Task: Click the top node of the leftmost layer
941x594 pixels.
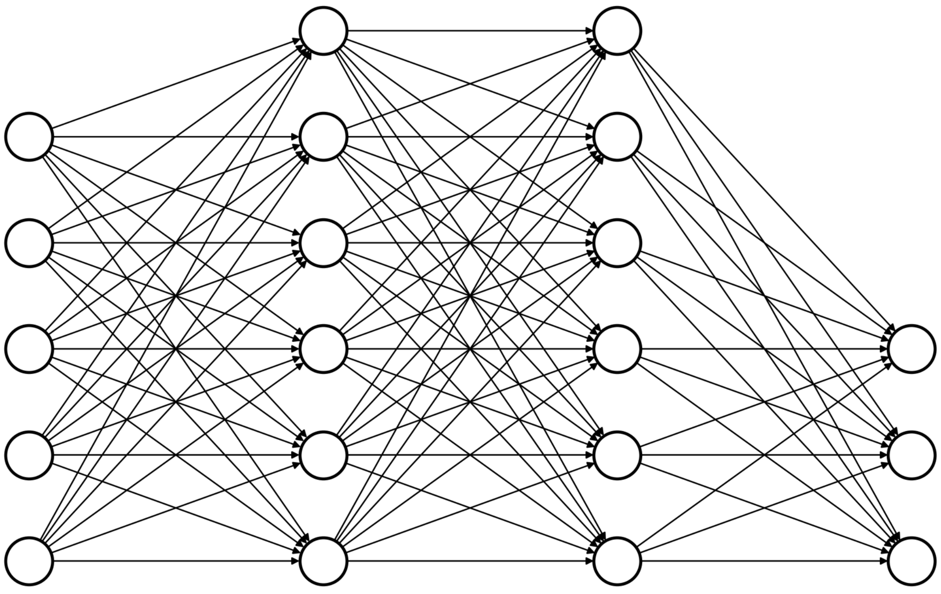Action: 29,137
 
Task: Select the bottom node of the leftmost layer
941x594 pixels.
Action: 29,561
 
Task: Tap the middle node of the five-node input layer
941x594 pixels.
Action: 29,349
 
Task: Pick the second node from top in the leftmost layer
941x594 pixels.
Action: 29,243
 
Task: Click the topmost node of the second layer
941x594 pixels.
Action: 323,31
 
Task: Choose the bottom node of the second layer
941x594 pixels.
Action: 323,561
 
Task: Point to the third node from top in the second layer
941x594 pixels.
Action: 323,243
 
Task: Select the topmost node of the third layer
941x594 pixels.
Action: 617,31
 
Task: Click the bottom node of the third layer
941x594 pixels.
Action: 617,561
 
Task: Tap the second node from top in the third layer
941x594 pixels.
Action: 617,137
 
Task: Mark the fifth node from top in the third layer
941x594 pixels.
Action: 617,455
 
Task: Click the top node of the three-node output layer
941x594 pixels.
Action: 912,349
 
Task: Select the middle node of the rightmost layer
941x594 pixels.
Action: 912,455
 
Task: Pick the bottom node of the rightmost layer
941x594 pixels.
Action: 912,561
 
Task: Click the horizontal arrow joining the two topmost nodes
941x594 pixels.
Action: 470,31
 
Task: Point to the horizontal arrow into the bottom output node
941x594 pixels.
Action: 765,561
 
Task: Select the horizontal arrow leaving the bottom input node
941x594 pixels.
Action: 176,561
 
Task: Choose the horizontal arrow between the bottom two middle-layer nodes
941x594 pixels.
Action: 470,561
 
